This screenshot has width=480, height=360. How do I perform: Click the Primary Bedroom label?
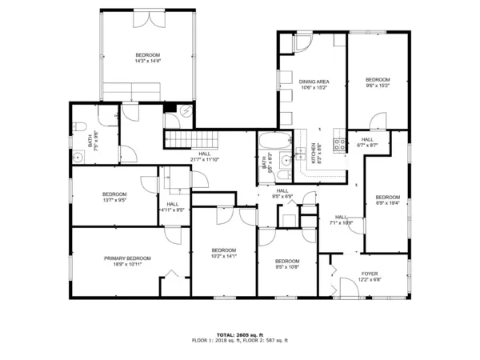127,258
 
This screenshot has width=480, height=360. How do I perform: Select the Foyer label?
369,274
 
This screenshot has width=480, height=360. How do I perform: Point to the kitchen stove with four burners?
338,145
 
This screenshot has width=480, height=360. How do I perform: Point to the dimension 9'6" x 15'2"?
378,86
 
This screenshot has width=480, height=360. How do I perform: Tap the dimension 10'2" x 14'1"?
224,256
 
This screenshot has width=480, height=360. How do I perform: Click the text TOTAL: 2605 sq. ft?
240,334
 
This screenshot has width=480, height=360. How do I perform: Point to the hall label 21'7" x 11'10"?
206,158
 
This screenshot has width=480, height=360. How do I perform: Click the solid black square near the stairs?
169,108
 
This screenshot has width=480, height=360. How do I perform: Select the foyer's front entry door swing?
349,288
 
